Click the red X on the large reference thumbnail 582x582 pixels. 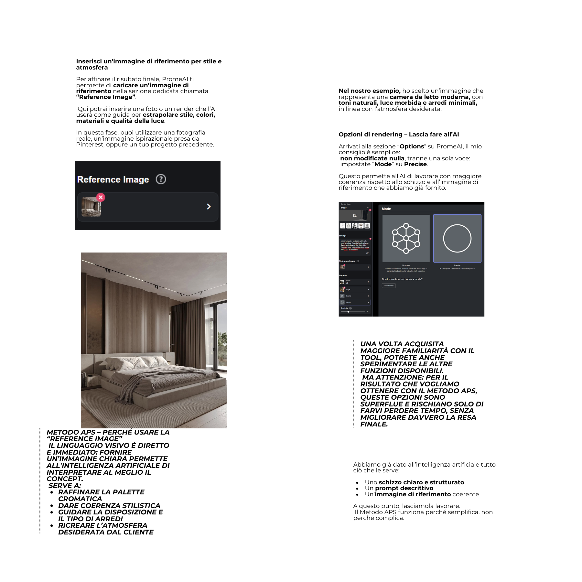pyautogui.click(x=101, y=197)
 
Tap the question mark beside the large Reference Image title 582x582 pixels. pyautogui.click(x=161, y=179)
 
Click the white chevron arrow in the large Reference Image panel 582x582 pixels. pyautogui.click(x=209, y=207)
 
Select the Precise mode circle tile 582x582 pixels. pyautogui.click(x=457, y=238)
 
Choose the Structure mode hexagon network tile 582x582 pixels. pyautogui.click(x=406, y=238)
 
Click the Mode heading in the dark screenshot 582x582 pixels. pyautogui.click(x=386, y=209)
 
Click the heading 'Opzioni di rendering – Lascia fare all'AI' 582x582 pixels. pyautogui.click(x=399, y=135)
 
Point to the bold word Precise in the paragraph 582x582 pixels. pyautogui.click(x=415, y=164)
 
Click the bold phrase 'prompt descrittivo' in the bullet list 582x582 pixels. pyautogui.click(x=404, y=488)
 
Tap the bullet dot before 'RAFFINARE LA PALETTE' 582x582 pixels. pyautogui.click(x=52, y=492)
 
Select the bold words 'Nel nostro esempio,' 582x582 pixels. pyautogui.click(x=369, y=91)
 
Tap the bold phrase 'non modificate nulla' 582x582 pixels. pyautogui.click(x=372, y=158)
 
